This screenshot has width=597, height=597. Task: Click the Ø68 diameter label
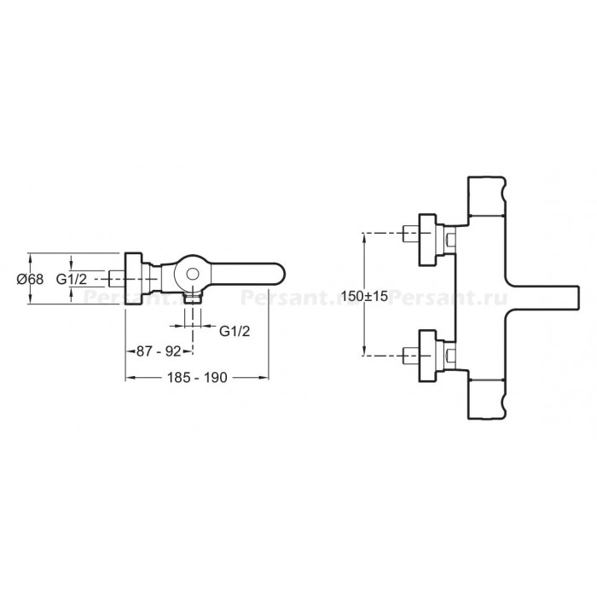(x=30, y=279)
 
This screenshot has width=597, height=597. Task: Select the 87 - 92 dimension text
(x=159, y=351)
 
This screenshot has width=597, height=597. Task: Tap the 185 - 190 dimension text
(x=197, y=377)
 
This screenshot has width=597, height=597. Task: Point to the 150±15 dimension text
(x=364, y=295)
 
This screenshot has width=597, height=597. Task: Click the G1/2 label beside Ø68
(x=71, y=279)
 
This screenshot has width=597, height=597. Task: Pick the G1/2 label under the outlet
(x=235, y=331)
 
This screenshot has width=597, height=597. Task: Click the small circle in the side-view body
(x=193, y=274)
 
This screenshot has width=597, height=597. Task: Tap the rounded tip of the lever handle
(x=280, y=274)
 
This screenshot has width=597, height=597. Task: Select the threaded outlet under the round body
(x=192, y=298)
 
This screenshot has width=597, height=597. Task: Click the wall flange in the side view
(x=134, y=278)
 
